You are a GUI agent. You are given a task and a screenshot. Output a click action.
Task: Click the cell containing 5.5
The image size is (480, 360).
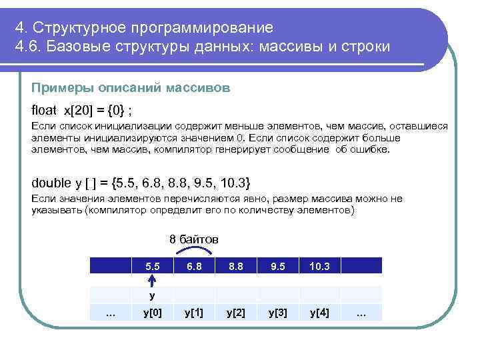(152, 266)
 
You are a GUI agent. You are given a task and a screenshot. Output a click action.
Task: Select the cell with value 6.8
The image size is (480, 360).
(194, 266)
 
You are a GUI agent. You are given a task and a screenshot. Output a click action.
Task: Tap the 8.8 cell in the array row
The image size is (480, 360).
(236, 266)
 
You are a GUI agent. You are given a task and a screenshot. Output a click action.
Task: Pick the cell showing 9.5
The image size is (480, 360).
(278, 266)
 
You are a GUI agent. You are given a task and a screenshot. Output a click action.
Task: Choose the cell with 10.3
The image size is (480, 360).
(319, 266)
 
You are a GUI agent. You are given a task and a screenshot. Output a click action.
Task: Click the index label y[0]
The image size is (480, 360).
(152, 312)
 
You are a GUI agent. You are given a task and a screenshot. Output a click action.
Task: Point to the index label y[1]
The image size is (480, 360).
(194, 312)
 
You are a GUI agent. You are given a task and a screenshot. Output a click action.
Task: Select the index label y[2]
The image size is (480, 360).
(236, 312)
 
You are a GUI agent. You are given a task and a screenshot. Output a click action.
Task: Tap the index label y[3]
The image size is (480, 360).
(278, 312)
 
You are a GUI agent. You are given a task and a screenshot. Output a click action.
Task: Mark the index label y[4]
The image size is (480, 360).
(319, 312)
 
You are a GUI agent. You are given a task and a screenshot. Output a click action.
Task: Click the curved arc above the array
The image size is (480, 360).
(193, 249)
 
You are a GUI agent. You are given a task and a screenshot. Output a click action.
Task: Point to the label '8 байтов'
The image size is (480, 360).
(194, 239)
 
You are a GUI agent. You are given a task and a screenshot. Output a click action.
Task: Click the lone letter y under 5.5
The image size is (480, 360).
(152, 294)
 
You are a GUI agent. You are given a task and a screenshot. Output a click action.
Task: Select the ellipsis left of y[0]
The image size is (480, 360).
(111, 312)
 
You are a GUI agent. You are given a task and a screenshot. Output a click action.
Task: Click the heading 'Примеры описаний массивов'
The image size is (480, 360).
(131, 87)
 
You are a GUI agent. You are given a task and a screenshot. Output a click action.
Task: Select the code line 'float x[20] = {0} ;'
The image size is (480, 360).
(86, 109)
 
